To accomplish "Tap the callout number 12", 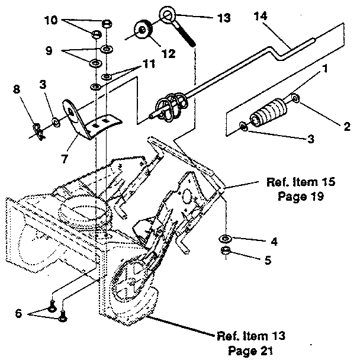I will click(x=168, y=54).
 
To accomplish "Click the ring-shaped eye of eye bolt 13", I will click(x=166, y=13).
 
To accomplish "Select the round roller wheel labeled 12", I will click(x=144, y=29).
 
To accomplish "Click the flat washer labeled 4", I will click(x=226, y=239).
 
